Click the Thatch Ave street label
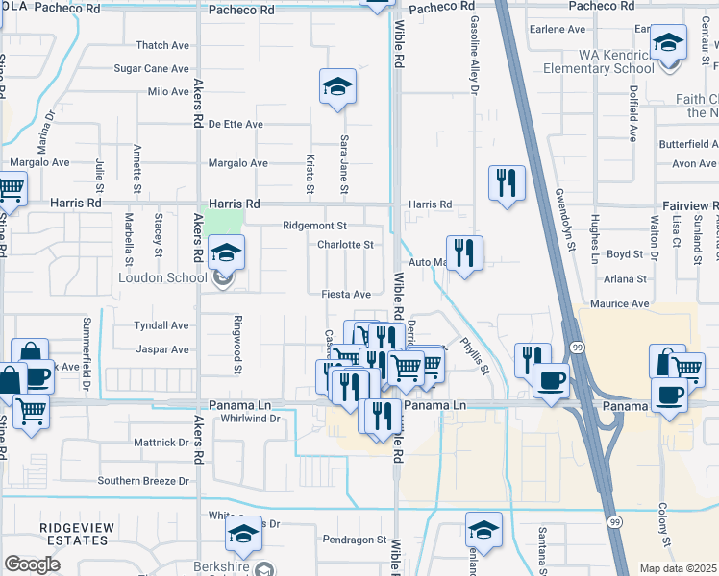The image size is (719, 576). click(x=162, y=45)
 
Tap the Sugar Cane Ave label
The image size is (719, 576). click(x=152, y=68)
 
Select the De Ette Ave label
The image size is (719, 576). click(x=236, y=124)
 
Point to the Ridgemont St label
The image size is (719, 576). click(x=314, y=226)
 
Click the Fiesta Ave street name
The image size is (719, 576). click(x=346, y=294)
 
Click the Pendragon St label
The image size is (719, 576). click(x=354, y=540)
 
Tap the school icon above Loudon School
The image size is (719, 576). click(x=226, y=252)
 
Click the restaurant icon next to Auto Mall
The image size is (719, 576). click(x=464, y=252)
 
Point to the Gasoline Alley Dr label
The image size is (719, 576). click(x=474, y=54)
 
